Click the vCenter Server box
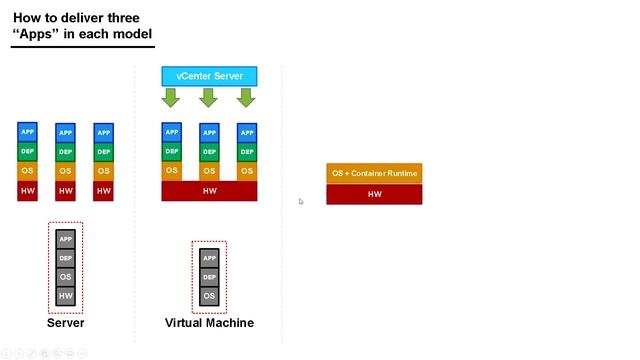click(x=209, y=76)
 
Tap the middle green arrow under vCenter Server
click(x=208, y=97)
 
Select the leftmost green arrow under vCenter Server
click(x=170, y=97)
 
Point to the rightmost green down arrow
click(x=246, y=97)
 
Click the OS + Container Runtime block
click(x=374, y=173)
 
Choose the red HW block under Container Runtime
click(x=374, y=194)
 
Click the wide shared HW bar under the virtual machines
click(x=209, y=191)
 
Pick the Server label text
click(x=65, y=323)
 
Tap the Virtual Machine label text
click(x=209, y=323)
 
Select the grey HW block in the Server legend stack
click(x=65, y=295)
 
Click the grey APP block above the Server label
click(x=65, y=239)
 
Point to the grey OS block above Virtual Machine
click(x=209, y=296)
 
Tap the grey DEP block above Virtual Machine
click(x=209, y=276)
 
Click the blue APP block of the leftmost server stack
click(x=27, y=132)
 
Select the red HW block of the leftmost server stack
click(x=27, y=190)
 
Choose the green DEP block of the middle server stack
click(x=65, y=152)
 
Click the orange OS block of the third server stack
click(x=103, y=171)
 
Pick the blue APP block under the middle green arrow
click(x=209, y=132)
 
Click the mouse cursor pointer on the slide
click(x=301, y=201)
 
